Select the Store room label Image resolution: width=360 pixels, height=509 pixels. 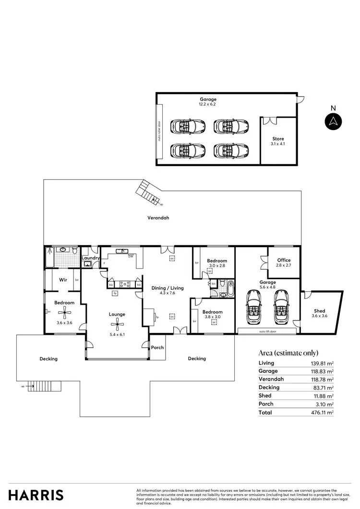[278, 139]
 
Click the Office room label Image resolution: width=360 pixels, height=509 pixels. [284, 260]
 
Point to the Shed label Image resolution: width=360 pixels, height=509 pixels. [319, 310]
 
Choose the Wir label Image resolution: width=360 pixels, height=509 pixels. [62, 279]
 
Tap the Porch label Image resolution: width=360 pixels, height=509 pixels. [157, 348]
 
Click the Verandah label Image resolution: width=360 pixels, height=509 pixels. [158, 217]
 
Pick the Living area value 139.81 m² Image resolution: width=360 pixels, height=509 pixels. [322, 363]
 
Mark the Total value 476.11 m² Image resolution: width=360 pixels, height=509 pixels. [322, 412]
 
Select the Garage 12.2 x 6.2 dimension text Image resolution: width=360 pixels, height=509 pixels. [208, 104]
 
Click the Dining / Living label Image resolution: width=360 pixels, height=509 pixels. [166, 288]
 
